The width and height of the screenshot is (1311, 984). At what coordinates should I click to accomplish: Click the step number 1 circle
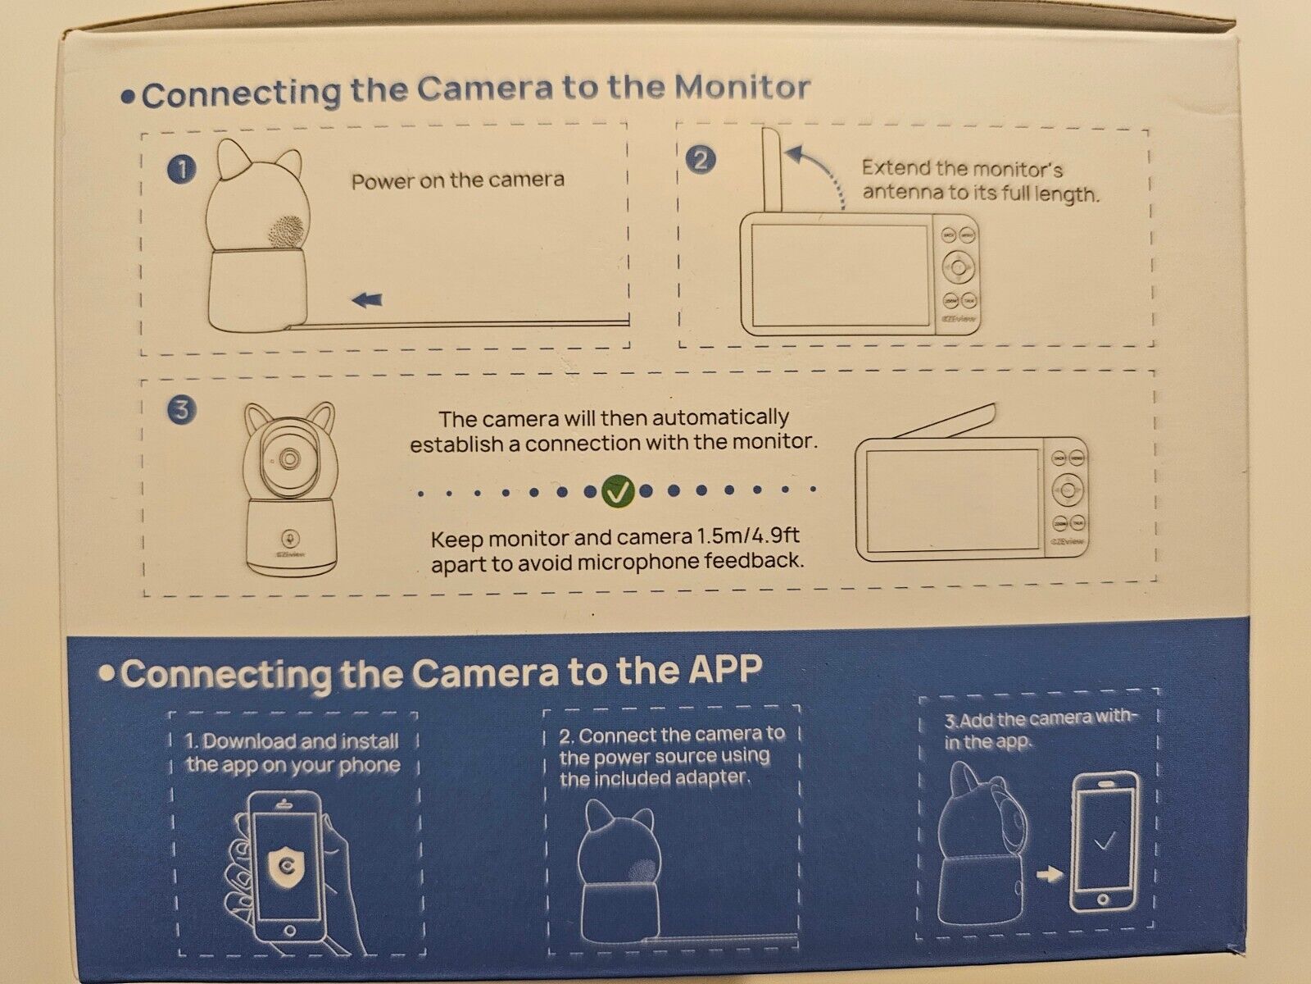181,170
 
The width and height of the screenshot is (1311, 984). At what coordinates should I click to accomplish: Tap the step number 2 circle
701,159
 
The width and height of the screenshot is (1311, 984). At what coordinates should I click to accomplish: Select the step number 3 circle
181,410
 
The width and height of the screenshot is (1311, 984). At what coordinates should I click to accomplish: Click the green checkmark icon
616,491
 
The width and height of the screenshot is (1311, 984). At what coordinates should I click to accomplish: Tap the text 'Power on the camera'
457,180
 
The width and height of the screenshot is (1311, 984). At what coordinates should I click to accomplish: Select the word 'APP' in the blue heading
720,672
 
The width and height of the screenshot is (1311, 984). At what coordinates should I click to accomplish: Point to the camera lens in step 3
288,458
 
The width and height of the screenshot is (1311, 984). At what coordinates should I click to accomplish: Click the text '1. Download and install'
292,742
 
